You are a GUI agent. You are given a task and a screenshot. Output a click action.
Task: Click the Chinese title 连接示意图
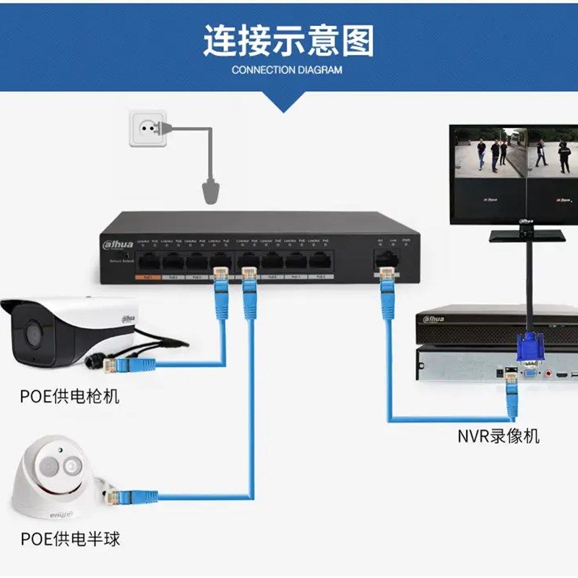288,41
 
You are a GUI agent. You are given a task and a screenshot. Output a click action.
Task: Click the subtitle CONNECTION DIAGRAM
288,70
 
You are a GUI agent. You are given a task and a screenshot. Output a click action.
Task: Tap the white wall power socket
150,128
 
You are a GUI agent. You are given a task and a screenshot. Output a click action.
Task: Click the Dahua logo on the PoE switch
117,245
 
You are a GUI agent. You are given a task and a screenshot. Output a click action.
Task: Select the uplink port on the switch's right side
384,258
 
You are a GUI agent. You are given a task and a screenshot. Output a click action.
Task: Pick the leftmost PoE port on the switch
149,262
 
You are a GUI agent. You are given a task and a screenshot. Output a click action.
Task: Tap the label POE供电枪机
70,396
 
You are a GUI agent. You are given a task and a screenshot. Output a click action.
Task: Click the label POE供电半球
70,539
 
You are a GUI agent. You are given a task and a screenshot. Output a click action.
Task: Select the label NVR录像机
499,436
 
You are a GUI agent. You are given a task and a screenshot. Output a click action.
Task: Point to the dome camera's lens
70,466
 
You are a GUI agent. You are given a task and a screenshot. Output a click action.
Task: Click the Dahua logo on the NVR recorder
434,319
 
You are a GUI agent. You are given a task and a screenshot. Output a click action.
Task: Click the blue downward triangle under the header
288,103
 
